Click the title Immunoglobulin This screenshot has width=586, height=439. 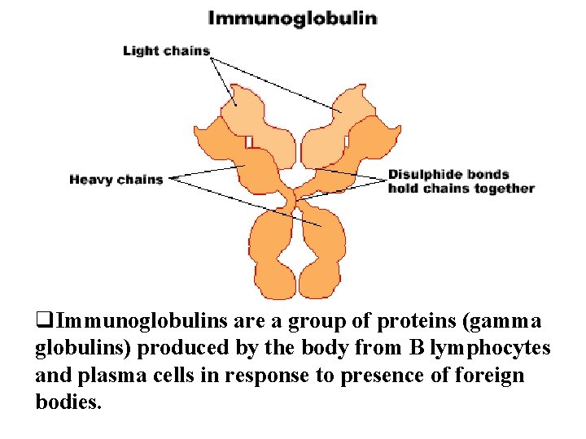coord(292,18)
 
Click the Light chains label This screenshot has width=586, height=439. coord(166,50)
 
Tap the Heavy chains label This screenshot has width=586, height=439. coord(116,179)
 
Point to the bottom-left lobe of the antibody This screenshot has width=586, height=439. coord(270,252)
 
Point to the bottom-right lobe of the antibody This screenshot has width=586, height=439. coord(321,252)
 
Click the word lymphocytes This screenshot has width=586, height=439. coord(490,348)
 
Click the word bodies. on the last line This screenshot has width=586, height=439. coord(69,402)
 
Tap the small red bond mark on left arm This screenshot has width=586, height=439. coord(249,141)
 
